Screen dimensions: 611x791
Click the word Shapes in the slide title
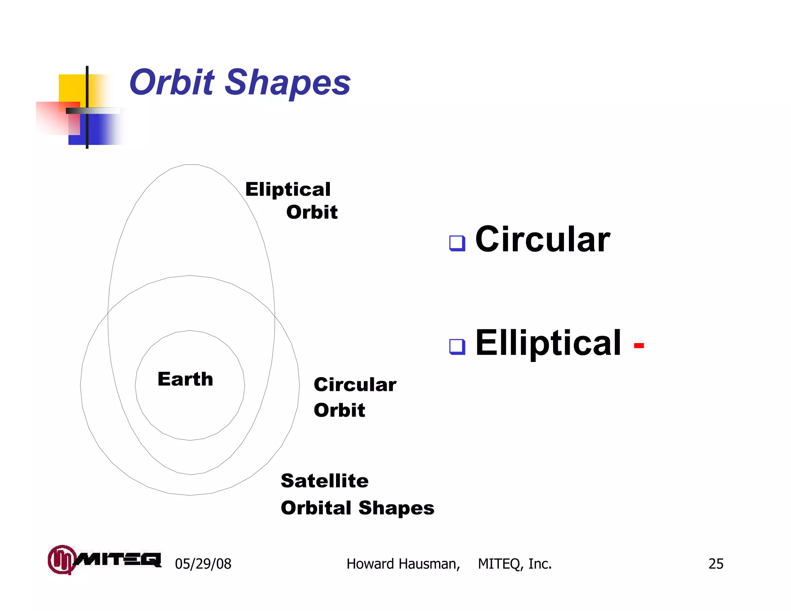[287, 83]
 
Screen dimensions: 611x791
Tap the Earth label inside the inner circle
[185, 379]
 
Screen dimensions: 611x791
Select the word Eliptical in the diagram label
[288, 189]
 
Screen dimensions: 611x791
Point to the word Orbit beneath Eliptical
[312, 212]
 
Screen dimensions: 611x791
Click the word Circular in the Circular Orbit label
[355, 385]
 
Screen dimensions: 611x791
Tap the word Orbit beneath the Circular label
[339, 410]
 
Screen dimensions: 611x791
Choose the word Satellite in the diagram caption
[324, 481]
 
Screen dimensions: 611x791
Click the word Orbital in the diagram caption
[316, 508]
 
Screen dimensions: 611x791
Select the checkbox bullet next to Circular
[457, 243]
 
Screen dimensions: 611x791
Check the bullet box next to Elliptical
[457, 346]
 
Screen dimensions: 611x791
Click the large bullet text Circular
[542, 240]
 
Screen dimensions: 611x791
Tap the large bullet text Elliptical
[548, 343]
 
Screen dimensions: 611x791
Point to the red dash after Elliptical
[639, 345]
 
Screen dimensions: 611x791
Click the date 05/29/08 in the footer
[203, 564]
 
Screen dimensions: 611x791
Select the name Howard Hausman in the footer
[403, 564]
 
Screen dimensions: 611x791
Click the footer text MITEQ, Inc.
[514, 564]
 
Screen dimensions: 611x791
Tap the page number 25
[716, 564]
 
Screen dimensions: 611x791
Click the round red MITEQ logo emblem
[61, 559]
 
